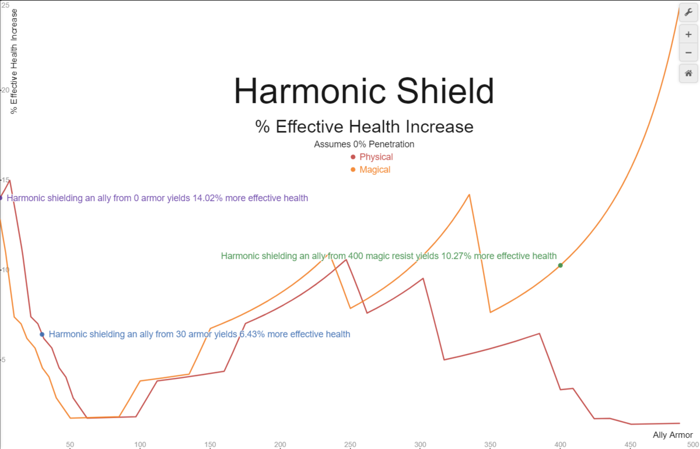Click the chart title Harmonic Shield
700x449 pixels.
click(363, 92)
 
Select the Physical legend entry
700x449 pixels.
click(376, 157)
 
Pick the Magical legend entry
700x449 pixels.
click(374, 170)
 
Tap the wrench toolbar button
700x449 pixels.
click(688, 12)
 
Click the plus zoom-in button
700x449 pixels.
click(688, 34)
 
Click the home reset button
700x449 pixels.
click(688, 73)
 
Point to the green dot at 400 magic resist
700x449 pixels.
click(560, 265)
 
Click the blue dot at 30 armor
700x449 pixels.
click(42, 334)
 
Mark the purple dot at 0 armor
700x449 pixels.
click(1, 198)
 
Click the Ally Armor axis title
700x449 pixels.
click(673, 435)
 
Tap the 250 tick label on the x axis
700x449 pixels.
click(350, 444)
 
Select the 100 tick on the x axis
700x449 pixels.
click(140, 444)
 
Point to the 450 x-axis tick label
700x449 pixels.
click(630, 444)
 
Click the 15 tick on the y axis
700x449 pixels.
click(5, 180)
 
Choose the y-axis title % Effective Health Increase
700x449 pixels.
click(15, 61)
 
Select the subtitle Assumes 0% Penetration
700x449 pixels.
click(364, 144)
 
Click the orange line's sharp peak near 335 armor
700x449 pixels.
click(470, 195)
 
